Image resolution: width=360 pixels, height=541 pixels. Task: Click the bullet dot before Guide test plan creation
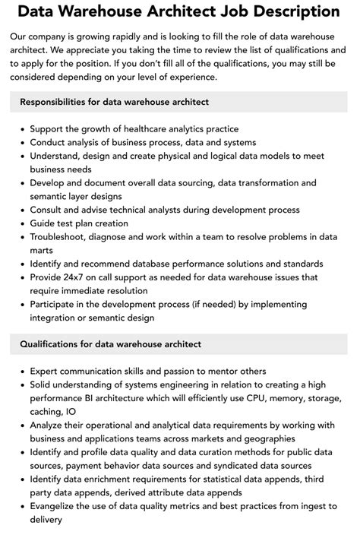(x=22, y=224)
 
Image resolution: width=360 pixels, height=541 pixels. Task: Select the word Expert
(x=46, y=372)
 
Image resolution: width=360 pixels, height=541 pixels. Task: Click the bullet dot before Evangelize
(x=22, y=507)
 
